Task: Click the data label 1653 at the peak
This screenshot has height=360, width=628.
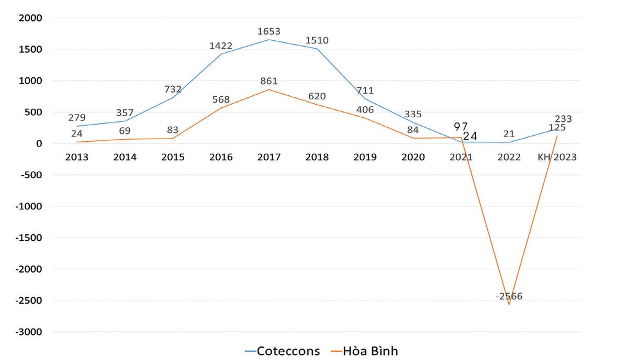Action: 269,32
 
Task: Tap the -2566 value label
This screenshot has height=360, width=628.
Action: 508,296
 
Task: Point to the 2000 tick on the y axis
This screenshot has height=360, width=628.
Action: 31,18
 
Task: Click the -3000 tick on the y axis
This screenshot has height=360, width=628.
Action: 29,332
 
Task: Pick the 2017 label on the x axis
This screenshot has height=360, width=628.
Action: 269,157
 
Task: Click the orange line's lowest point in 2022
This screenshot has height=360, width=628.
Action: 509,305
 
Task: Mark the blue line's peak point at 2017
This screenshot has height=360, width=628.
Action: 269,40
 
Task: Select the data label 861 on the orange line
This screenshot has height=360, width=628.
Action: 269,81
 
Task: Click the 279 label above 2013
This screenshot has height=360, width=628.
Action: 76,117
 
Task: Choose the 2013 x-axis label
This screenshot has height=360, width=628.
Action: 76,157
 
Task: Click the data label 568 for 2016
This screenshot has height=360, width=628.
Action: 220,99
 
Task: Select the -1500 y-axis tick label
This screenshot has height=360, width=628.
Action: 29,238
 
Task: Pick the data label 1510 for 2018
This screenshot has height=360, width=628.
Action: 317,40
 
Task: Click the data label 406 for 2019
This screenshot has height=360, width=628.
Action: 365,110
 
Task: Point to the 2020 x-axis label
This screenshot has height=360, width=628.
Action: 413,157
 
